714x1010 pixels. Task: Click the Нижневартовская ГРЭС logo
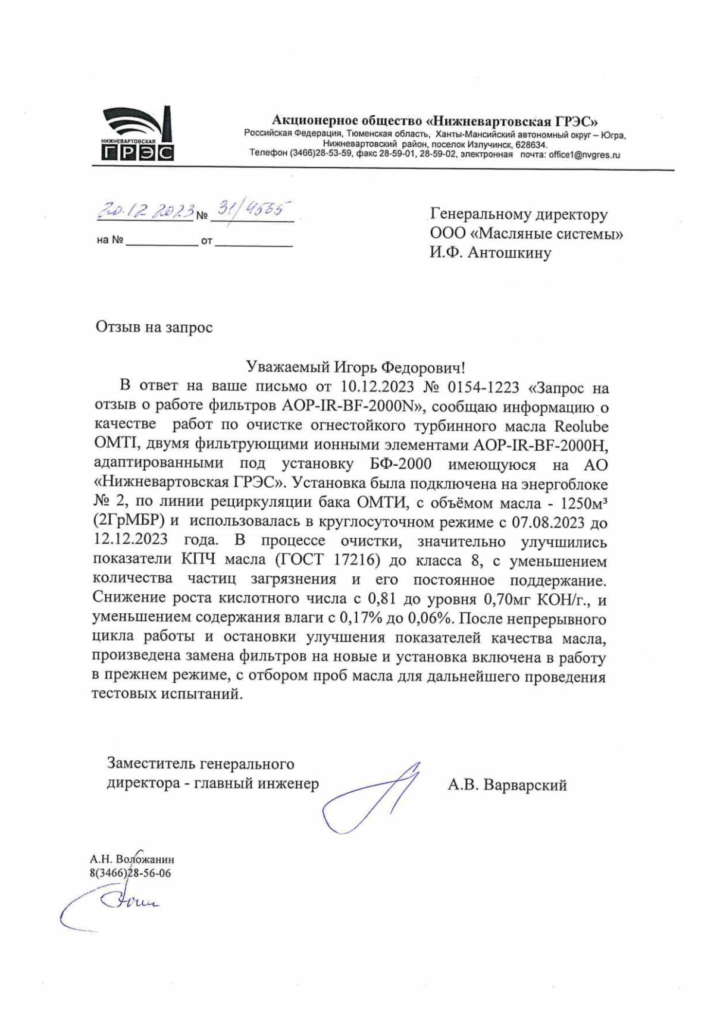(x=136, y=134)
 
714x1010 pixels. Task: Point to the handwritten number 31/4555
(x=253, y=209)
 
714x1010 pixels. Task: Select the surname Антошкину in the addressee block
(x=509, y=253)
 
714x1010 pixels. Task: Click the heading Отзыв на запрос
(x=154, y=327)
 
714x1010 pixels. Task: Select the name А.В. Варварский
(x=507, y=785)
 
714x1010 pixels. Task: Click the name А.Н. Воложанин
(x=132, y=860)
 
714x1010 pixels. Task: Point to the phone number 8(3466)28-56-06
(x=130, y=873)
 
